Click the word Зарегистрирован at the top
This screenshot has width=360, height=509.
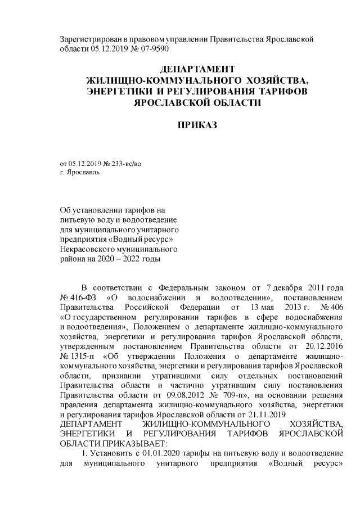pos(90,38)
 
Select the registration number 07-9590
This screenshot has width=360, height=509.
pos(151,48)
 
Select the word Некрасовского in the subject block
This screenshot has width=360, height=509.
pos(87,249)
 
